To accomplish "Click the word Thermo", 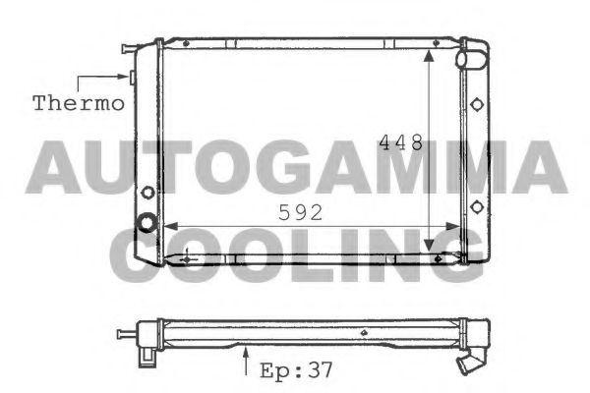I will click(79, 101).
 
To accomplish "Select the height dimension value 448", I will click(401, 142).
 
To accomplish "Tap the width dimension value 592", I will click(301, 212).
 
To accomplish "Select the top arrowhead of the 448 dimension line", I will click(429, 57).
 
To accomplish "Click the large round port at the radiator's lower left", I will click(147, 223).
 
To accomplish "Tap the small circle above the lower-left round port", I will click(148, 192).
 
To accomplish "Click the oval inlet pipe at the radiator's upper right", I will click(473, 58).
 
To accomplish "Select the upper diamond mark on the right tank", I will click(477, 104).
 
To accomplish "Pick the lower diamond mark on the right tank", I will click(477, 205).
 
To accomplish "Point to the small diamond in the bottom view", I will click(365, 332).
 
